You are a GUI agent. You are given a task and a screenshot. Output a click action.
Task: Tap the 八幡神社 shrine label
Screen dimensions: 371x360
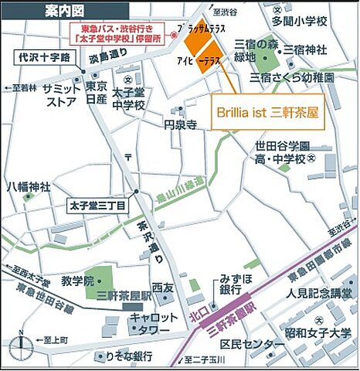click(x=29, y=186)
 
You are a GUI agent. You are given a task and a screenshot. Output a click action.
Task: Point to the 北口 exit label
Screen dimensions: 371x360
click(x=197, y=315)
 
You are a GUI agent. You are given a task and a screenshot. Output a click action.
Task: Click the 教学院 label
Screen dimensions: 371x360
click(x=77, y=279)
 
